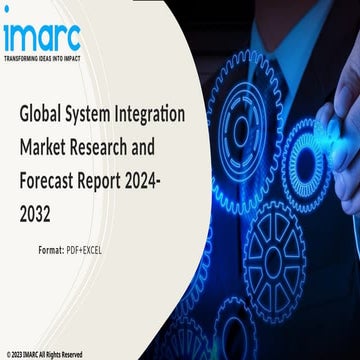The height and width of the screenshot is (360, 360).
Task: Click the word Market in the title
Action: (46, 148)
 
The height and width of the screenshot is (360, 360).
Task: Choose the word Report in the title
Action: (123, 183)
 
